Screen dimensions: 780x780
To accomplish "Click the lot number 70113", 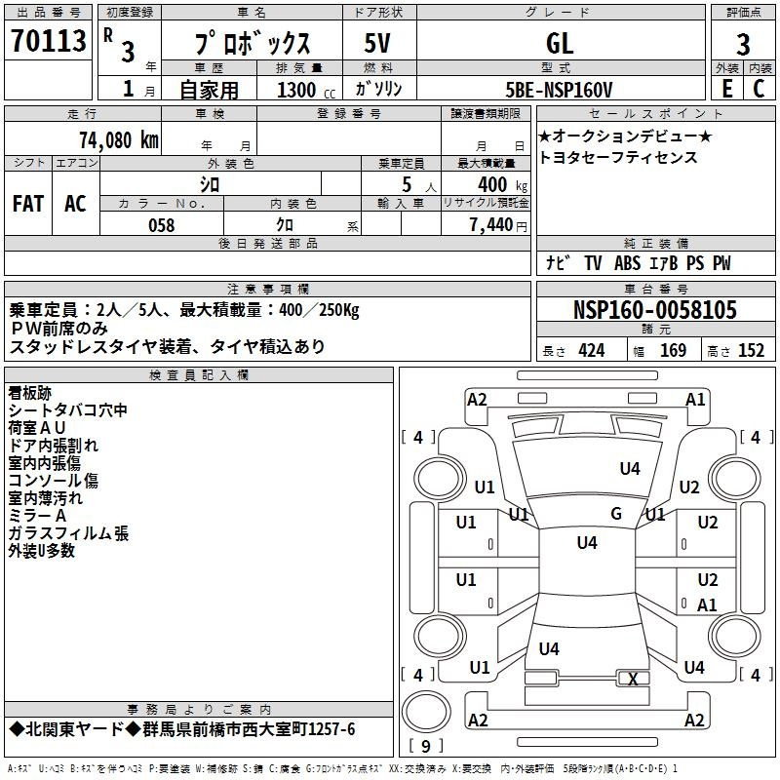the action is coord(48,40).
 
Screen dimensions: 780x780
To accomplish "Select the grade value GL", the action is coord(560,43).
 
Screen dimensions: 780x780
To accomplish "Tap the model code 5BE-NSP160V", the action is coord(559,90).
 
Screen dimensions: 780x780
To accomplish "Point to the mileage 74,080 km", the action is coord(119,140).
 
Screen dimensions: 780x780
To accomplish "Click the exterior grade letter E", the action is coord(726,89).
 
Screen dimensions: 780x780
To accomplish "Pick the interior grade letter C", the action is coord(759,89).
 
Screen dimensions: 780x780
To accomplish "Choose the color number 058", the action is coord(162,225).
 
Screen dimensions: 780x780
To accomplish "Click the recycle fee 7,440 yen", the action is coord(498,225).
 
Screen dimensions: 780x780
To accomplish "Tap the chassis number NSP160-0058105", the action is coord(655,310).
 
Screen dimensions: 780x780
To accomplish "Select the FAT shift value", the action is coord(28,204).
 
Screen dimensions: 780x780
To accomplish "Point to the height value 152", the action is coord(751,350).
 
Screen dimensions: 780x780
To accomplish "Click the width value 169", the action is coord(673,350).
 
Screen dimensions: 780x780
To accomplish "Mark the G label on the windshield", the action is coord(616,513).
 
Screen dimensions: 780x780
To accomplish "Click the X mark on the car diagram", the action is coord(633,679).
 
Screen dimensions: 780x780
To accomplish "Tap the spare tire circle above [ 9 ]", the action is coord(426,712).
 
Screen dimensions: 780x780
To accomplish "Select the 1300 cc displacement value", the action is coord(306,90).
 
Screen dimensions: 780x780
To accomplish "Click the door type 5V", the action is coord(377,43).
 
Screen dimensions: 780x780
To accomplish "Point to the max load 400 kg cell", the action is coord(502,184).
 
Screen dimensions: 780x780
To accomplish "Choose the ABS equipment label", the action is coord(627,263).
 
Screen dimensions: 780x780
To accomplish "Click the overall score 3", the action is coord(743,45).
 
